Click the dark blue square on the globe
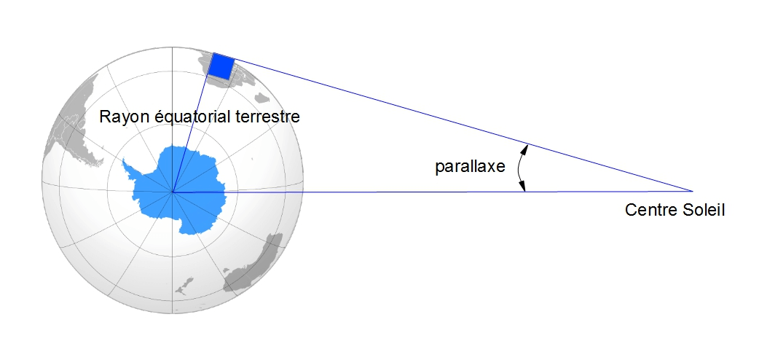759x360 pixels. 221,66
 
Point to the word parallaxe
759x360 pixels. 470,167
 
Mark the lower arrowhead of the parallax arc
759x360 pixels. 524,187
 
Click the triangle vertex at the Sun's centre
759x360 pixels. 693,192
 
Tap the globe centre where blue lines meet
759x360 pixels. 173,192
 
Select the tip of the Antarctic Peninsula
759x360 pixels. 123,159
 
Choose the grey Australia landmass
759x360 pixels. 253,265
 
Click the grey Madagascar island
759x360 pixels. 261,98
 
